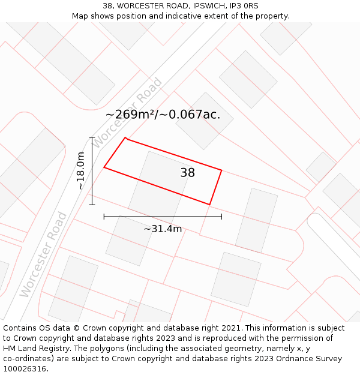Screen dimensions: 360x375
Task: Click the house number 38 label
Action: [187, 173]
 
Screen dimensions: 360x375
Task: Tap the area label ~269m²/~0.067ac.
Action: [163, 115]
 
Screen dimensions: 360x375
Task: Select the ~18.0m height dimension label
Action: [80, 171]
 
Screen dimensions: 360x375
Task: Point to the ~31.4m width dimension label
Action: [163, 229]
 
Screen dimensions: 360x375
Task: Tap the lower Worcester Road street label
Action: [43, 254]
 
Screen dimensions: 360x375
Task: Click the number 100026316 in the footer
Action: [23, 369]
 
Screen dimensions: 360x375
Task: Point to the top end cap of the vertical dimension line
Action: [92, 137]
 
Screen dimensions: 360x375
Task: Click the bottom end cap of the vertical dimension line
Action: [92, 205]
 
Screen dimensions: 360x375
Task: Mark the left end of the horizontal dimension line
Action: [104, 217]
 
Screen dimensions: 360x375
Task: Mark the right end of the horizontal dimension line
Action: [221, 217]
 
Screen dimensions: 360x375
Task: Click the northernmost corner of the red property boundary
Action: [125, 138]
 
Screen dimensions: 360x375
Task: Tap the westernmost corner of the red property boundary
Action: [104, 167]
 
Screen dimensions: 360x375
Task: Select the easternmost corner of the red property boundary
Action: [221, 170]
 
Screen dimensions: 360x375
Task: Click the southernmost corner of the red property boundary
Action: [209, 205]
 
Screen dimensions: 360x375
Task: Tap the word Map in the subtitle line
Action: [80, 16]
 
